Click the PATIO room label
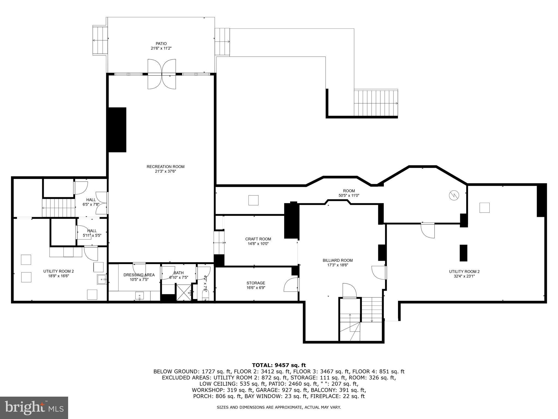[161, 44]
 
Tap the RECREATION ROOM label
[165, 167]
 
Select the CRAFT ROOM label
[258, 239]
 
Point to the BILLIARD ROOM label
[338, 261]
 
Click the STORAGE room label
[256, 283]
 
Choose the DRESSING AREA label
[139, 275]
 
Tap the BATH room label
[179, 273]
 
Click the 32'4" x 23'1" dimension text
[464, 276]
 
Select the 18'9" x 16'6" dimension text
[59, 276]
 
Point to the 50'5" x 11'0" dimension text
[349, 195]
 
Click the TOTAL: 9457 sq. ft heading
[279, 365]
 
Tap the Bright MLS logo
[34, 408]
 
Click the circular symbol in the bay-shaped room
[454, 195]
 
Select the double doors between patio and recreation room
[162, 74]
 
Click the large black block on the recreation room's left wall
[117, 130]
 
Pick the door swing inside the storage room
[290, 285]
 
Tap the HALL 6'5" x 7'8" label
[91, 202]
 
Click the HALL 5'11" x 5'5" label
[92, 233]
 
